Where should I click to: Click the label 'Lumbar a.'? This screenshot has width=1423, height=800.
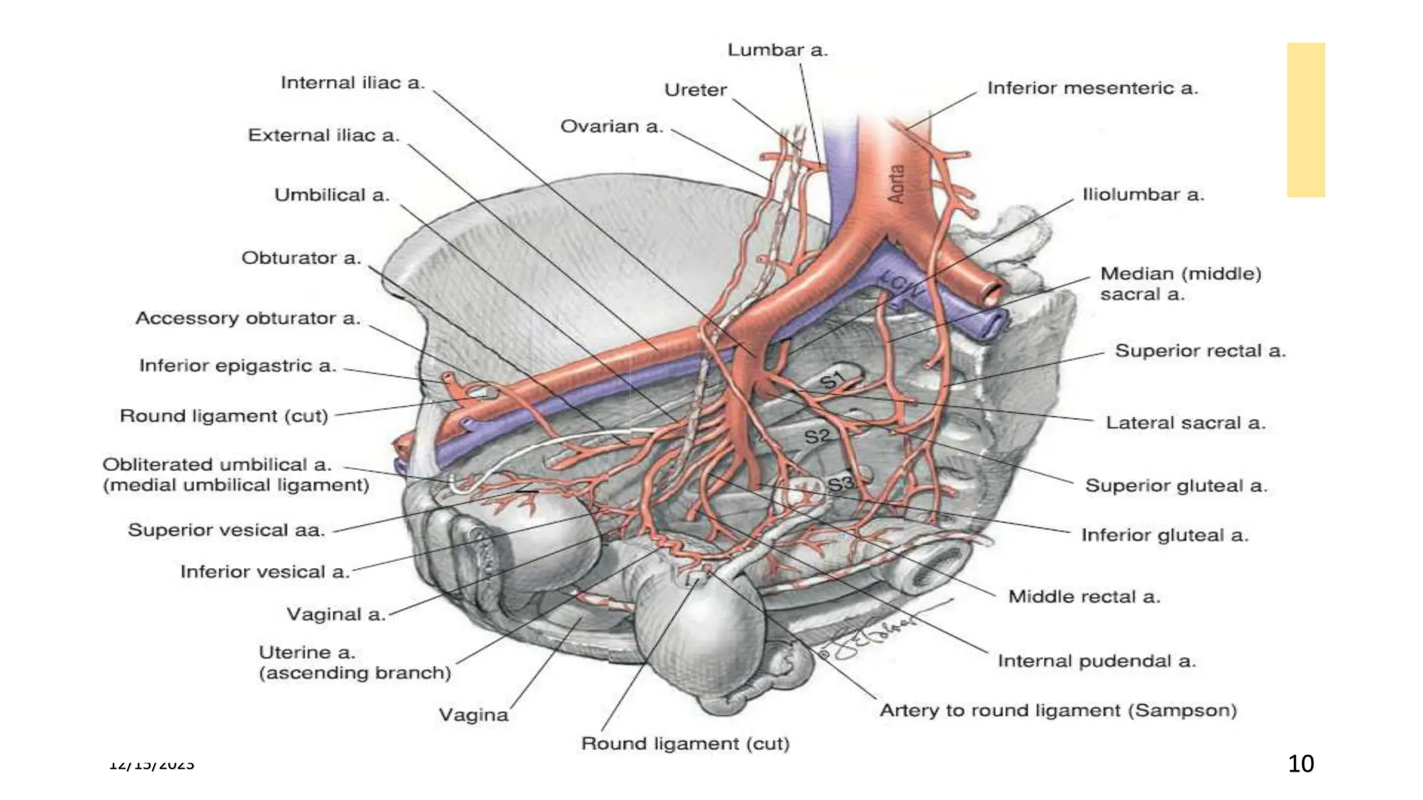pos(778,50)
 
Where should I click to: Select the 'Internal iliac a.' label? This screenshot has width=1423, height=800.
pos(352,83)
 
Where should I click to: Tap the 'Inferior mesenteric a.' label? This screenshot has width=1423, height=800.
pos(1092,88)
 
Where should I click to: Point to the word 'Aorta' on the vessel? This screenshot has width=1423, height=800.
pos(897,183)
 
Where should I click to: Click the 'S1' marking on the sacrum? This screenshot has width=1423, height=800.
pos(832,380)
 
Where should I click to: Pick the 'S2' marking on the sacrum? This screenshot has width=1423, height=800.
pos(817,436)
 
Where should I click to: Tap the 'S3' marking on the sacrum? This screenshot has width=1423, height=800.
pos(839,483)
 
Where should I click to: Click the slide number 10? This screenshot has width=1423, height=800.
pos(1301,764)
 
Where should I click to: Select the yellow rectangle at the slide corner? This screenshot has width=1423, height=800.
pos(1306,119)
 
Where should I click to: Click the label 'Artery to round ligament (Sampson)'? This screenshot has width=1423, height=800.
pos(1058,710)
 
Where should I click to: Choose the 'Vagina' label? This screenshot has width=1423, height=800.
pos(473,715)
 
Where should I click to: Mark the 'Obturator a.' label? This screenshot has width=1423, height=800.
pos(301,258)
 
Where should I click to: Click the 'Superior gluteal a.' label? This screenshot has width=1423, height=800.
pos(1176,485)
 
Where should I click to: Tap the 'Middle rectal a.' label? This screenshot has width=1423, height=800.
pos(1084,597)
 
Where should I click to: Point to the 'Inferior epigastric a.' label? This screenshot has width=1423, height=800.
pos(238,365)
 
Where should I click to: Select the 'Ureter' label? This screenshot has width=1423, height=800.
pos(695,90)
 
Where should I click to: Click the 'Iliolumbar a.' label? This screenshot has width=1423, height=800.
pos(1143,194)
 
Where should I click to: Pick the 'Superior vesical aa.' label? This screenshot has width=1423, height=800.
pos(227,530)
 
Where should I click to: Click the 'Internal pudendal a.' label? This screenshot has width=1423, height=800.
pos(1096,660)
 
